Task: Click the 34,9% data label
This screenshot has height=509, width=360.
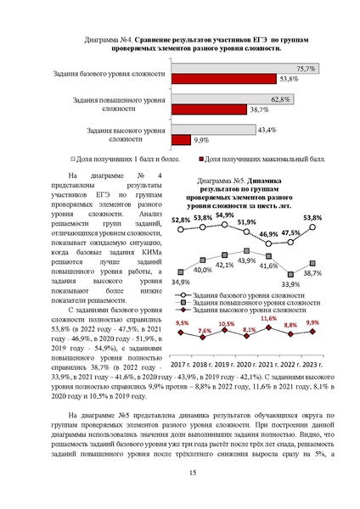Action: [181, 281]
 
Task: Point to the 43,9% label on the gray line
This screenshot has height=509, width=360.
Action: [246, 260]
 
